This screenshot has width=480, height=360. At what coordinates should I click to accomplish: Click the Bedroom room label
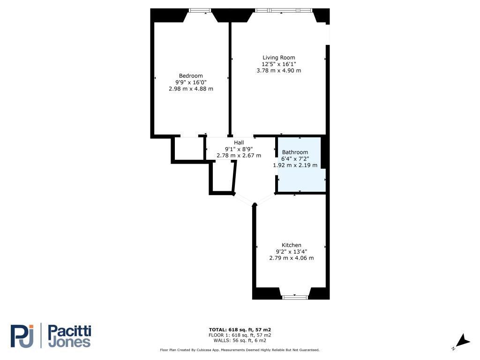coord(191,75)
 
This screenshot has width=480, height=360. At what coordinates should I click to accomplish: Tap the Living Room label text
coord(279,58)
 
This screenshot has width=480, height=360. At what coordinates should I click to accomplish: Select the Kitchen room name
coord(292,245)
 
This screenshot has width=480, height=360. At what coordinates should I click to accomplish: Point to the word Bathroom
coord(295,152)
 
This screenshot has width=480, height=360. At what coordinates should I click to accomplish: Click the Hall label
coord(239,142)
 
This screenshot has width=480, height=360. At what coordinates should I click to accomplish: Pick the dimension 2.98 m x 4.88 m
coord(191,89)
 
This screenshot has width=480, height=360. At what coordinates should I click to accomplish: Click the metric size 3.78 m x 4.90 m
coord(279,70)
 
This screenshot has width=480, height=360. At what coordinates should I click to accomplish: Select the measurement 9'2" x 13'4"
coord(292,252)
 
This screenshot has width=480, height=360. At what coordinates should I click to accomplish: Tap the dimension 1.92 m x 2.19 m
coord(295,165)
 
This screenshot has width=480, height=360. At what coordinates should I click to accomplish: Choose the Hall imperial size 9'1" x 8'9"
coord(239,149)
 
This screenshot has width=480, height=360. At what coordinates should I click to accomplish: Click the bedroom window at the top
coord(200,10)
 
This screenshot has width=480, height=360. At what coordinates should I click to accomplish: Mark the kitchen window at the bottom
coord(295,297)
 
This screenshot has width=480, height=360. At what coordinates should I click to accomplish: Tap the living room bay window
coord(284,10)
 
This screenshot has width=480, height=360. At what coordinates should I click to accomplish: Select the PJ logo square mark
coord(22,336)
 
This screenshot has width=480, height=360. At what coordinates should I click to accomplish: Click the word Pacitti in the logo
coord(69,331)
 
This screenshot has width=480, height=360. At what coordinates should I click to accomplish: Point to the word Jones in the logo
coord(69,342)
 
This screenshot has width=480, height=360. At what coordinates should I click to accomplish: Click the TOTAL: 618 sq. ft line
coord(240,330)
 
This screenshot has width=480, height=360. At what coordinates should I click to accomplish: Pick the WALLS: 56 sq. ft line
coord(240,340)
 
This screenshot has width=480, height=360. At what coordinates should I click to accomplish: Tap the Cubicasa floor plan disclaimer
coord(240,350)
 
